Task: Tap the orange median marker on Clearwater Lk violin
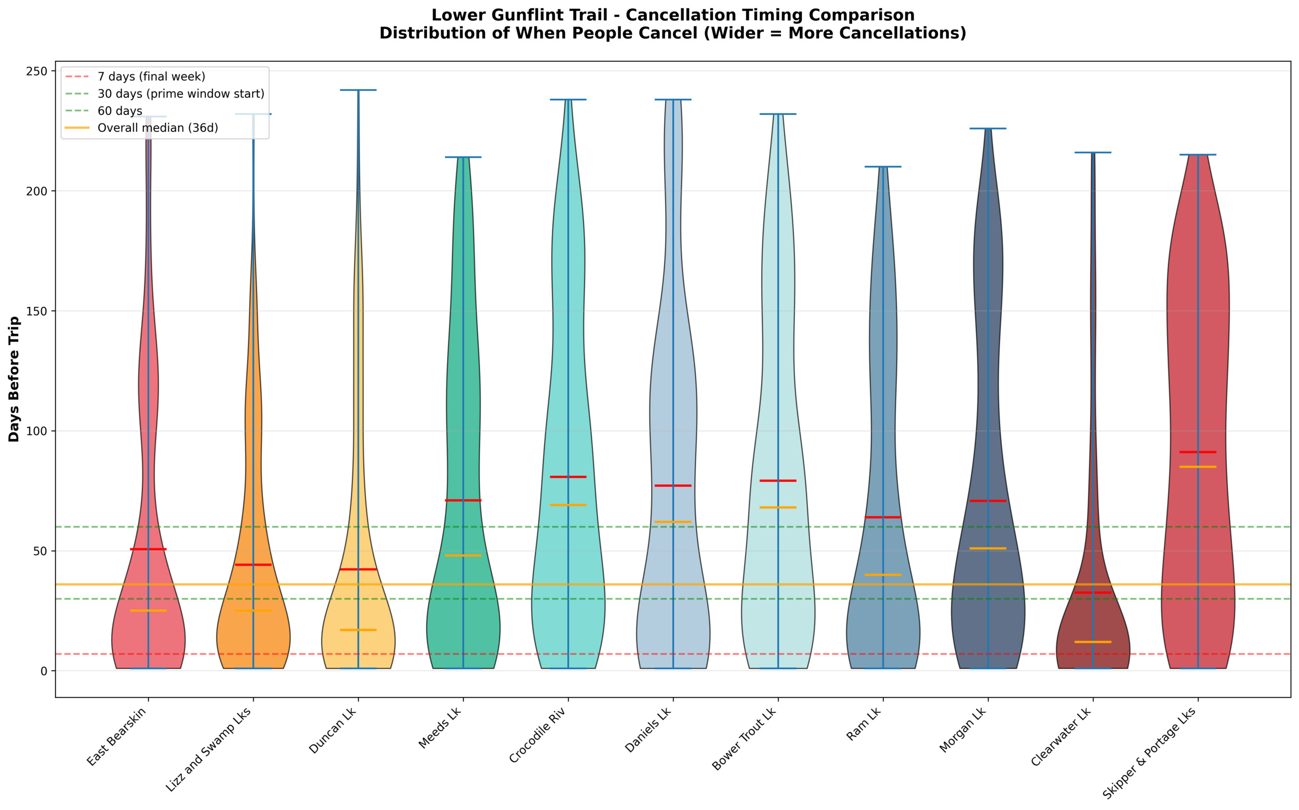1093,642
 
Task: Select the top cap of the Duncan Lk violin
358,90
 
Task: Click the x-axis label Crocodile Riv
538,735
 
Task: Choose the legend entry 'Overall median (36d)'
157,128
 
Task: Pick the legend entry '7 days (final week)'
151,76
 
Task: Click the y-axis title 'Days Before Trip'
14,379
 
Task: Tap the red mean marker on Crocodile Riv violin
568,477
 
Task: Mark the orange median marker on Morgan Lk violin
988,548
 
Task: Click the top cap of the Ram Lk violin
883,166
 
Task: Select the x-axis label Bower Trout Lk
744,739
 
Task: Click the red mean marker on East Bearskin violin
148,549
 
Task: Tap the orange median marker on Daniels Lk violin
673,522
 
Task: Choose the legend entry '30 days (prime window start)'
180,94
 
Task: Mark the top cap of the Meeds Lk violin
463,157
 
